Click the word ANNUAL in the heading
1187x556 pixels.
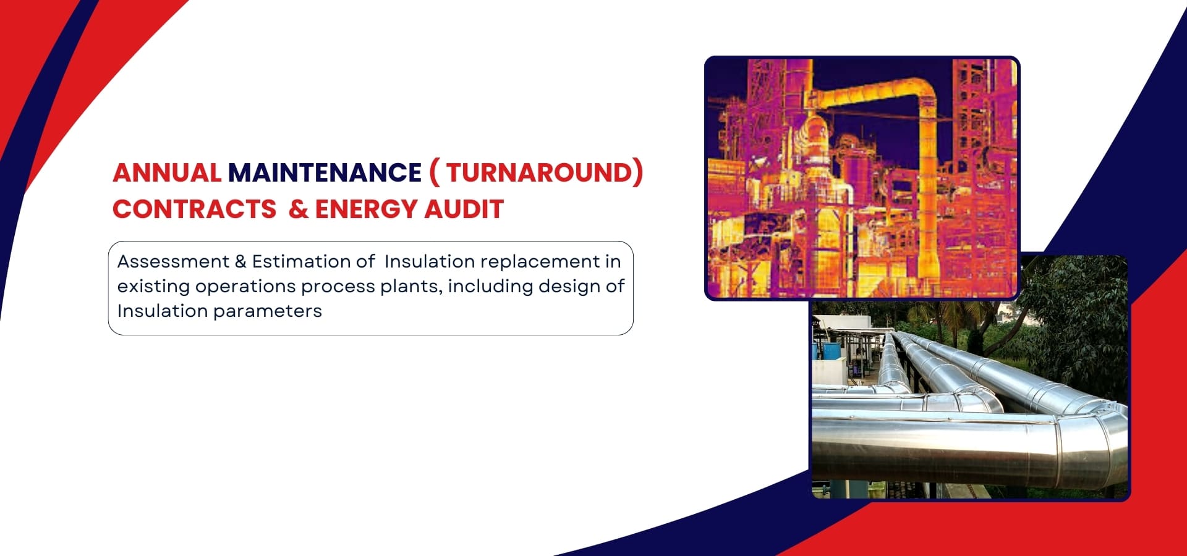point(167,172)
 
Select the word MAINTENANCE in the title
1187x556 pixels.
point(325,172)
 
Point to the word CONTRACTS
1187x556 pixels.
point(194,209)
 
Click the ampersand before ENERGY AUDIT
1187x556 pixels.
point(298,209)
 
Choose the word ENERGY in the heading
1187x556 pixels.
point(365,209)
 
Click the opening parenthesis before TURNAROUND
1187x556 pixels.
point(434,172)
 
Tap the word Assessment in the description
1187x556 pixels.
point(173,262)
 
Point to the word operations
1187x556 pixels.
point(245,287)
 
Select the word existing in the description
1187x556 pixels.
point(153,287)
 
